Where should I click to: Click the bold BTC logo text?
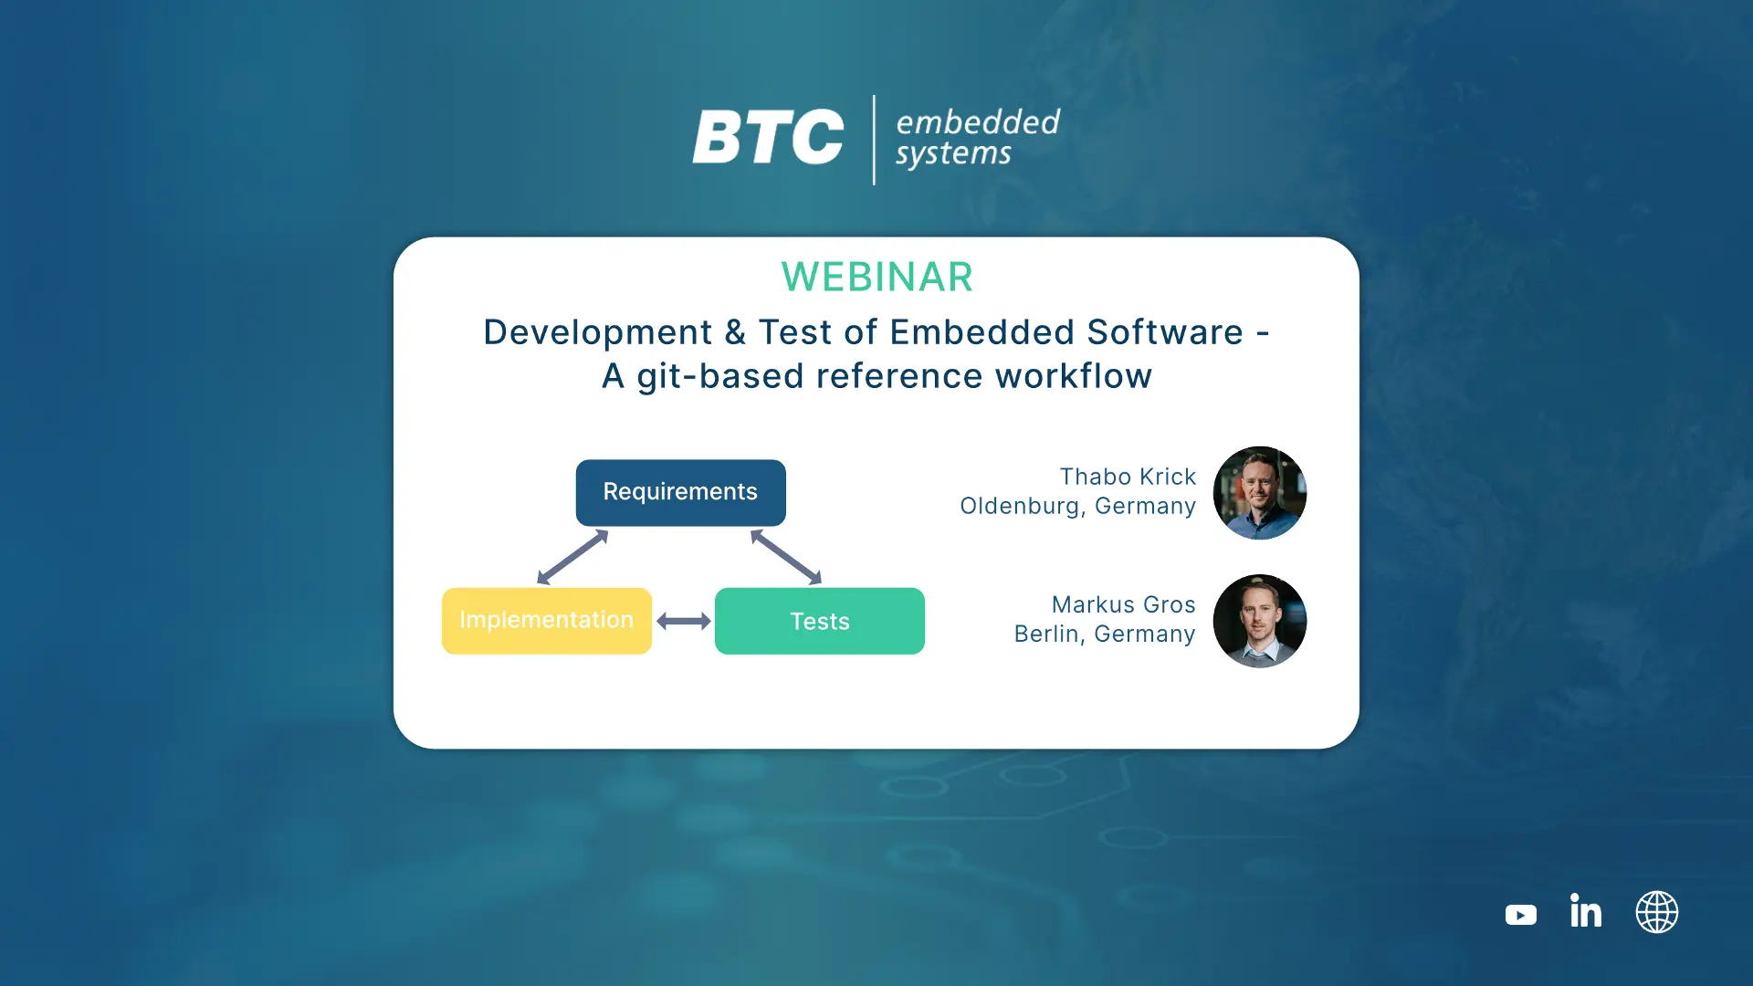coord(768,137)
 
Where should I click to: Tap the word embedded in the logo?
coord(978,121)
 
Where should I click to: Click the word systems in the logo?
coord(953,154)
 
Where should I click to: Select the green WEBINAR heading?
coord(876,277)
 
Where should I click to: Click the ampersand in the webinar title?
coord(735,332)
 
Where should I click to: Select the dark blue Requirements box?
coord(681,493)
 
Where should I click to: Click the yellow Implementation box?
coord(547,621)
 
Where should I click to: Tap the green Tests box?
coord(820,621)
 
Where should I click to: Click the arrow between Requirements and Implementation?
coord(572,557)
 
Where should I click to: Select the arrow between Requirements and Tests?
coord(786,557)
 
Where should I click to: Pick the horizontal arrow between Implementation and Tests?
coord(684,622)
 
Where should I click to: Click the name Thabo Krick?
coord(1128,477)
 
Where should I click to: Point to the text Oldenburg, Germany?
coord(1077,506)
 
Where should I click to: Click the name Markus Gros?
coord(1123,604)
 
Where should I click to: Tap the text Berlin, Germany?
coord(1105,634)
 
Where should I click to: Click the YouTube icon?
coord(1521,914)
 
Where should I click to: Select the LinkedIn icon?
coord(1586,910)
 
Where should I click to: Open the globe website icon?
coord(1657,912)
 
